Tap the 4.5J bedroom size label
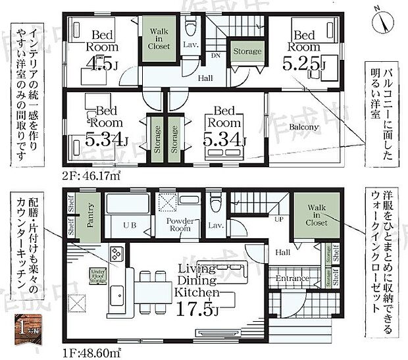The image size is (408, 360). [104, 65]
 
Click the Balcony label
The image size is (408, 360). [303, 126]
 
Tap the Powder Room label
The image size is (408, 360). [178, 224]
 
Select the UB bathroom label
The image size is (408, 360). [129, 225]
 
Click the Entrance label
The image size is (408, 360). [292, 278]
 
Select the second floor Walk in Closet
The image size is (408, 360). [159, 39]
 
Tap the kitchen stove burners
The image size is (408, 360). [117, 253]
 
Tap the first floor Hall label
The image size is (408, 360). [284, 252]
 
